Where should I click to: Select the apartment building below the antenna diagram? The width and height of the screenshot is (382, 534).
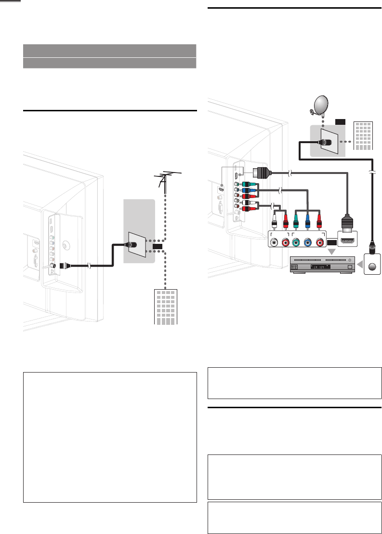click(x=165, y=307)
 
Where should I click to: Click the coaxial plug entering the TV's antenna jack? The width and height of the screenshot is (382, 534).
click(x=65, y=265)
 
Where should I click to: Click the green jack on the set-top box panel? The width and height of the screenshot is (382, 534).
click(x=296, y=242)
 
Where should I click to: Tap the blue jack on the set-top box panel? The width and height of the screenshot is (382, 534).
click(x=307, y=242)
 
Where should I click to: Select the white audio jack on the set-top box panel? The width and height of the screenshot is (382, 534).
click(x=274, y=242)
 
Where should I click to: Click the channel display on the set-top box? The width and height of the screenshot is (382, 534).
click(x=322, y=267)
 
